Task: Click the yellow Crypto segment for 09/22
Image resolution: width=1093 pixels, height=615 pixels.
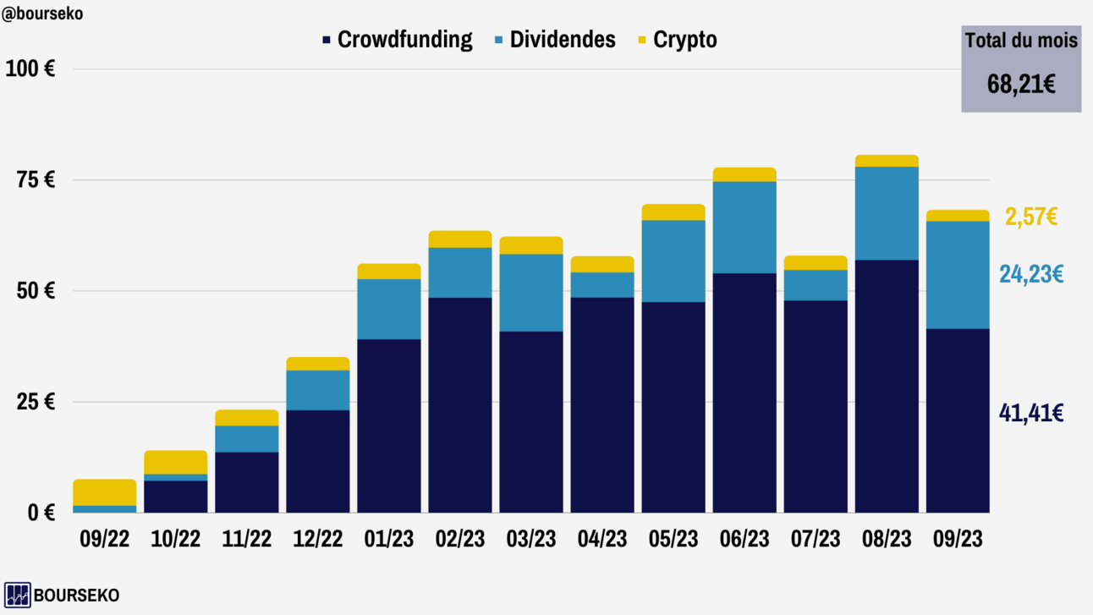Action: click(x=105, y=492)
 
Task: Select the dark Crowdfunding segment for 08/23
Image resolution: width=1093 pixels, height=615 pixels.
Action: click(x=887, y=386)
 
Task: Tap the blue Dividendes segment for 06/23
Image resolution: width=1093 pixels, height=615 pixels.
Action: click(x=744, y=227)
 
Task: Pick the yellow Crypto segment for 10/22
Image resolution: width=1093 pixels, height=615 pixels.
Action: click(x=176, y=462)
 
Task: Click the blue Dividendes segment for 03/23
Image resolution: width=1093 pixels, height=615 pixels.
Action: click(x=531, y=292)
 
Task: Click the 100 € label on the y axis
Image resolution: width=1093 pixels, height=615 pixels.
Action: click(x=30, y=69)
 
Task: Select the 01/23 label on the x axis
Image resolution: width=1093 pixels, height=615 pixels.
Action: click(x=389, y=539)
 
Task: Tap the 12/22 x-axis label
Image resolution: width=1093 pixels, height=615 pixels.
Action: click(x=318, y=539)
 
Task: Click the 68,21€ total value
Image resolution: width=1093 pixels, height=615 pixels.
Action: click(x=1021, y=84)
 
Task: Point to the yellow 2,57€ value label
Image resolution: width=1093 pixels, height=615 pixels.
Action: click(x=1031, y=217)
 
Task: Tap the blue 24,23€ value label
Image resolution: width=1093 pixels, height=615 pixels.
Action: click(x=1031, y=274)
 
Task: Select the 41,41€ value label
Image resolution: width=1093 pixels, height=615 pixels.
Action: click(x=1031, y=413)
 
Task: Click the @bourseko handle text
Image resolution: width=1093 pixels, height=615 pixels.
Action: click(x=42, y=14)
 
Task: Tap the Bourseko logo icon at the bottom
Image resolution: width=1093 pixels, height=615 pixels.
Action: click(x=17, y=595)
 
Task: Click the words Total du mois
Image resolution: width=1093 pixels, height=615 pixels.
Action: click(x=1021, y=40)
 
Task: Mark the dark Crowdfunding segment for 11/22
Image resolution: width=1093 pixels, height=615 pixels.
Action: click(x=247, y=482)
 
